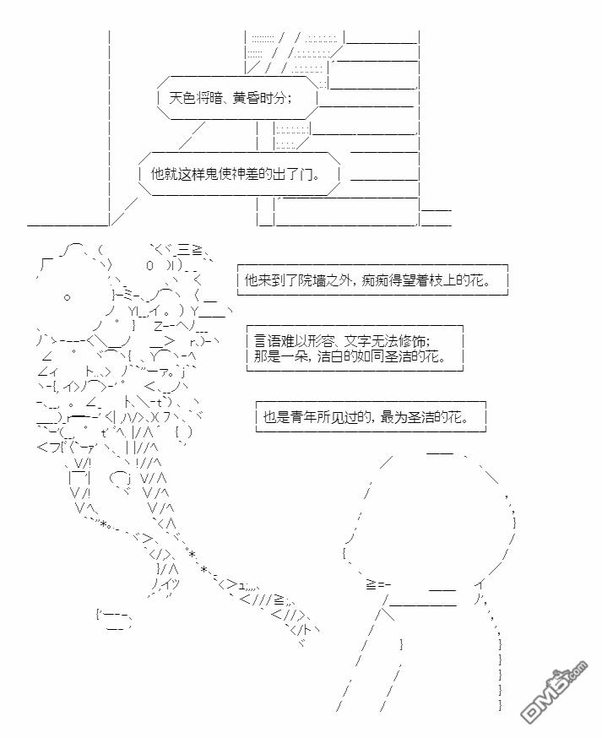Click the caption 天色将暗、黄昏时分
coord(230,98)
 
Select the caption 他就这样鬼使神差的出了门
coord(236,174)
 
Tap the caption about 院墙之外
coord(367,280)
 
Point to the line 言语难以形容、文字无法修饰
coord(342,341)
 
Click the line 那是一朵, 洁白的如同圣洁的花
coord(350,355)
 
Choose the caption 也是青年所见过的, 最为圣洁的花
coord(366,417)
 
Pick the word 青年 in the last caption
coord(303,417)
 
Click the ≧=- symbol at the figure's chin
coord(377,585)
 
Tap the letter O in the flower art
coord(149,265)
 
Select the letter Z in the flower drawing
coord(158,326)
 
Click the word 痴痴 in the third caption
coord(375,280)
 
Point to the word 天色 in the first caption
coord(182,98)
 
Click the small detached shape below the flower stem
coord(113,621)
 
